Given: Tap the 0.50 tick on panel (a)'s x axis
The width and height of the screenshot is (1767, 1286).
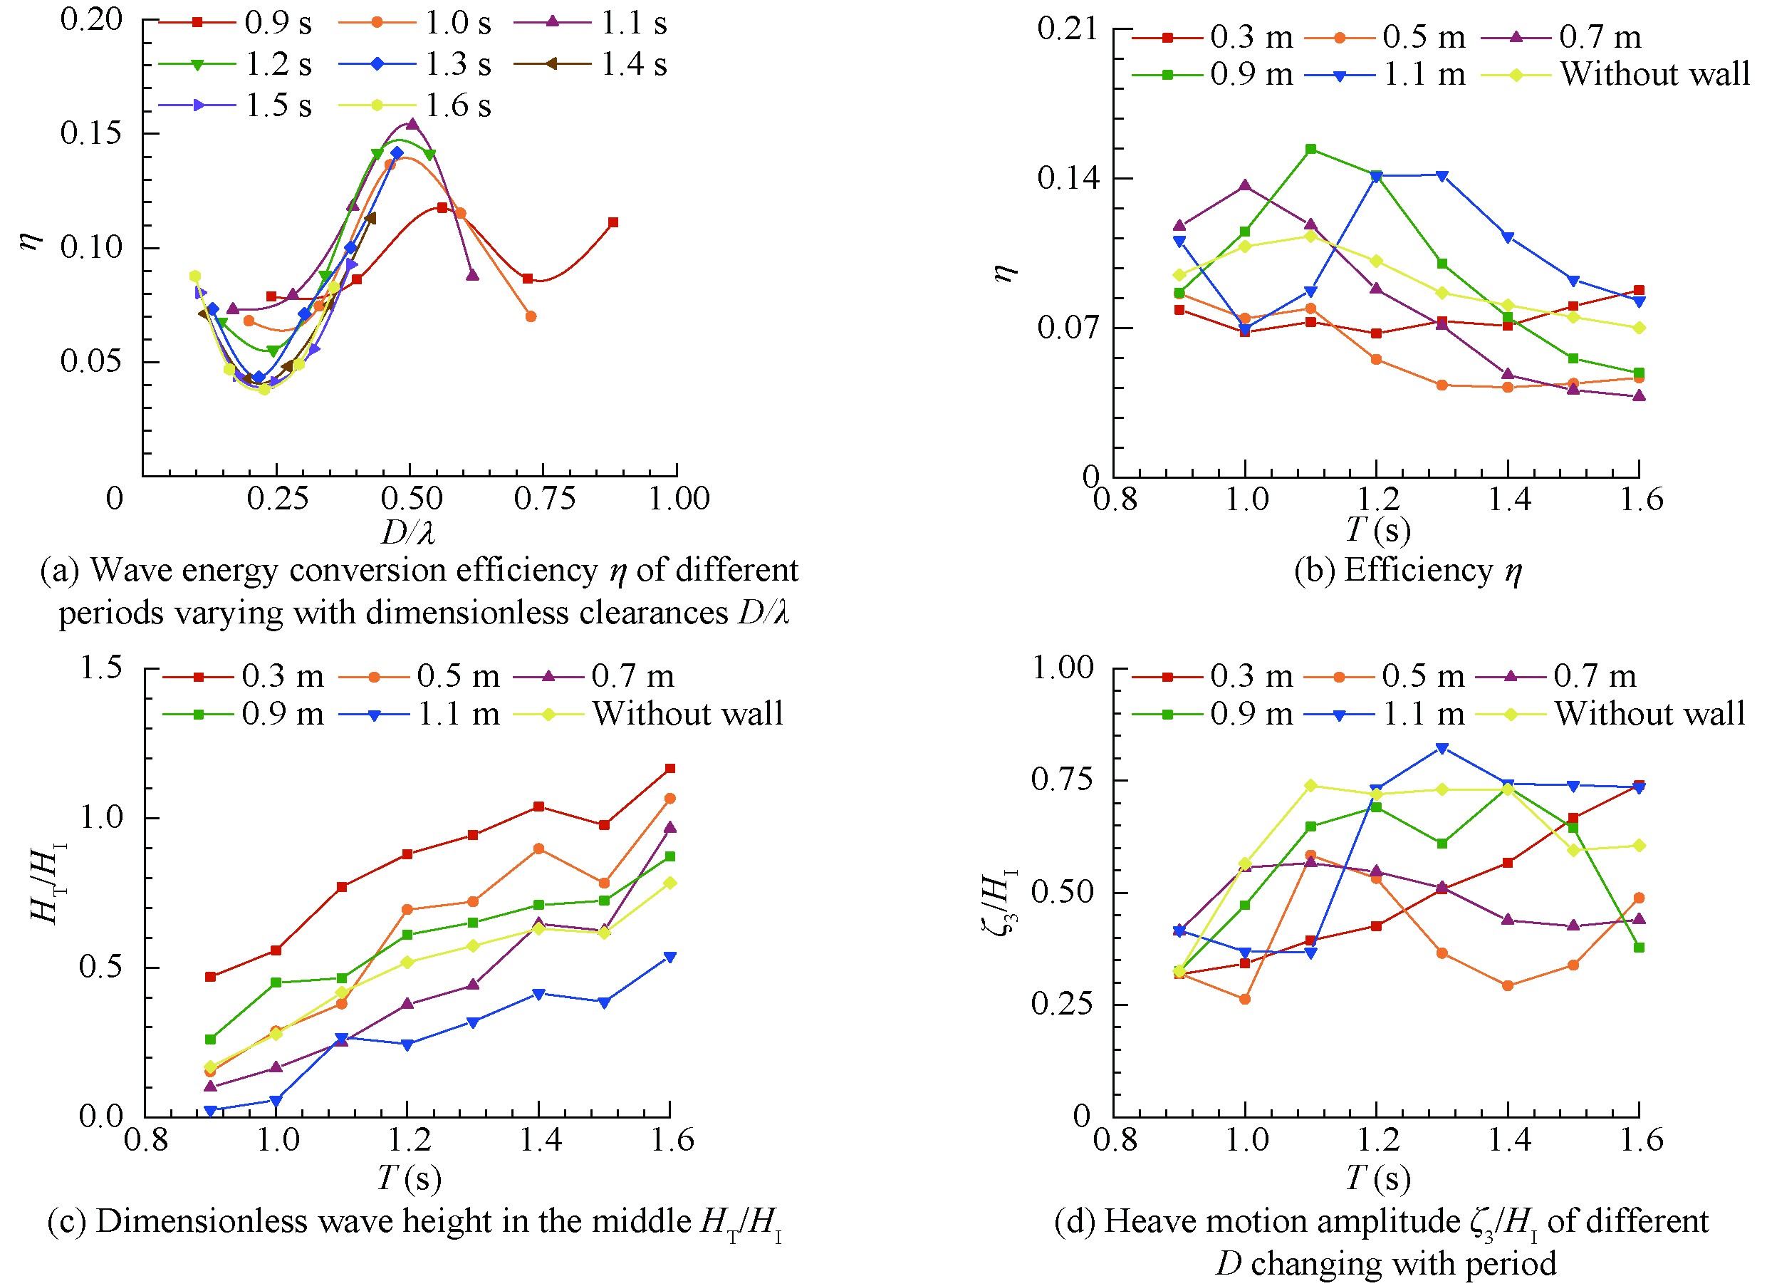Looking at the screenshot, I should (410, 499).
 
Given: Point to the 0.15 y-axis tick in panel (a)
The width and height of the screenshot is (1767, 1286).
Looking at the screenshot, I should (91, 133).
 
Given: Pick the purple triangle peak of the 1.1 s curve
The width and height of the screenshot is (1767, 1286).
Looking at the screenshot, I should (412, 124).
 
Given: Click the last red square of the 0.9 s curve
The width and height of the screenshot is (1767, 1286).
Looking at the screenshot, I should (613, 223).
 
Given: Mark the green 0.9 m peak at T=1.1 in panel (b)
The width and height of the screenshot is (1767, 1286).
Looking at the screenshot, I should (1311, 149).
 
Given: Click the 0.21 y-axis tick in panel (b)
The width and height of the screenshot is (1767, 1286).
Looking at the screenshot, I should (1068, 28).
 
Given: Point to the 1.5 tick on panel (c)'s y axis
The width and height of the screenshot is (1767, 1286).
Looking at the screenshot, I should (101, 668).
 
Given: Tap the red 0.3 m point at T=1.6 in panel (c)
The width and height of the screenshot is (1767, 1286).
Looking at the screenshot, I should (669, 769).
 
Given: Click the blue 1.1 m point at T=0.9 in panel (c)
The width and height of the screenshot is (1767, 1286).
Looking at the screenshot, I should (209, 1111).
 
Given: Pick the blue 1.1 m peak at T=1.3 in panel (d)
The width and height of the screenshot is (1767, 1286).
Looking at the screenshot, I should (1442, 749).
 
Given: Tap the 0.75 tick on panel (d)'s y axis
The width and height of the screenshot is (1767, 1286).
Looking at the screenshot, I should (1063, 780).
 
